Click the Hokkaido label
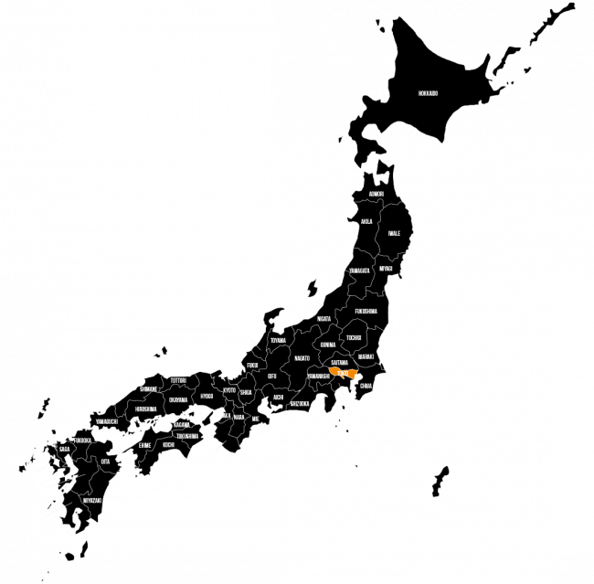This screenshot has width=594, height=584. (428, 93)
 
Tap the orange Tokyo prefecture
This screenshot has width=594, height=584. (344, 373)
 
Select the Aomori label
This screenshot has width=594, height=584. (377, 195)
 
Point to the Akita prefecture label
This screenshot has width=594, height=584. (366, 221)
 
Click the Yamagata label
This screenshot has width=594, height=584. (359, 271)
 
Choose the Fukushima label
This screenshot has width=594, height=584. (366, 311)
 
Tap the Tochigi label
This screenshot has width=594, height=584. (353, 337)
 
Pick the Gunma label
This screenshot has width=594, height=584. (328, 345)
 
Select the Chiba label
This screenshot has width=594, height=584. (366, 386)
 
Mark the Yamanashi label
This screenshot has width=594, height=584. (318, 375)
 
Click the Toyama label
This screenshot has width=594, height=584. (278, 340)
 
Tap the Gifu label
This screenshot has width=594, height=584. (272, 375)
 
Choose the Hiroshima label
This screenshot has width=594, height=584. (145, 409)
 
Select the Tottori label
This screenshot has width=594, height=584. (178, 379)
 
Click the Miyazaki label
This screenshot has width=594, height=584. (91, 500)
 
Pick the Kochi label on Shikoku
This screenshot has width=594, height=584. (168, 444)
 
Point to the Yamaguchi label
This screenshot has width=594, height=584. (105, 421)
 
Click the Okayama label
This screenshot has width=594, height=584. (178, 399)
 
